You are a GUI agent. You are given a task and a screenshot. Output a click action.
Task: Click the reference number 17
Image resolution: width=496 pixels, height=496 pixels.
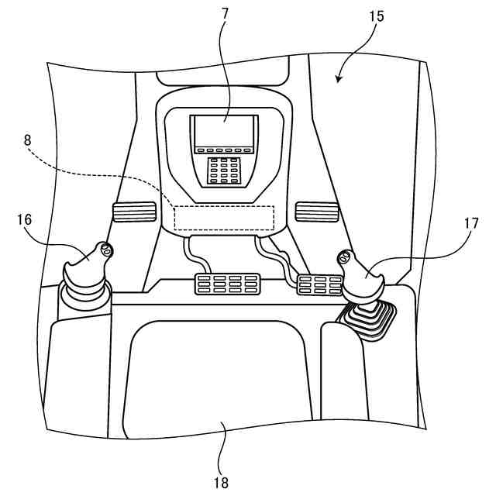[x=470, y=222]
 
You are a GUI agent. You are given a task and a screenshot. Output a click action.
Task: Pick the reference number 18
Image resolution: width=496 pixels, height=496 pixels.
[x=222, y=482]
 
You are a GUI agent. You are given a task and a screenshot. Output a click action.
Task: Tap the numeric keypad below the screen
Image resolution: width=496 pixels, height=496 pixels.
[x=224, y=171]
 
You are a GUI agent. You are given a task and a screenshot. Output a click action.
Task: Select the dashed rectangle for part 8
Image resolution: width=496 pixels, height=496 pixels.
[x=224, y=217]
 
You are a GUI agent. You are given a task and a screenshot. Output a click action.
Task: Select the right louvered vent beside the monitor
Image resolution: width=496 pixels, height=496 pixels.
[x=317, y=211]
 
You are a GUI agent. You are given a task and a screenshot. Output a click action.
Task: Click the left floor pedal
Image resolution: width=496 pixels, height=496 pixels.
[x=226, y=284]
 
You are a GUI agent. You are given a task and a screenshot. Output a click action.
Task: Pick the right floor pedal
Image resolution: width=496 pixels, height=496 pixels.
[x=320, y=285]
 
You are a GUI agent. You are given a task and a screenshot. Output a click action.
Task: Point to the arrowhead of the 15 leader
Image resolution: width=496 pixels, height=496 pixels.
[x=338, y=77]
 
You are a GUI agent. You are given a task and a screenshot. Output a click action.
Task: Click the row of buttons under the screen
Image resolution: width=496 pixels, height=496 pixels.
[x=224, y=150]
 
